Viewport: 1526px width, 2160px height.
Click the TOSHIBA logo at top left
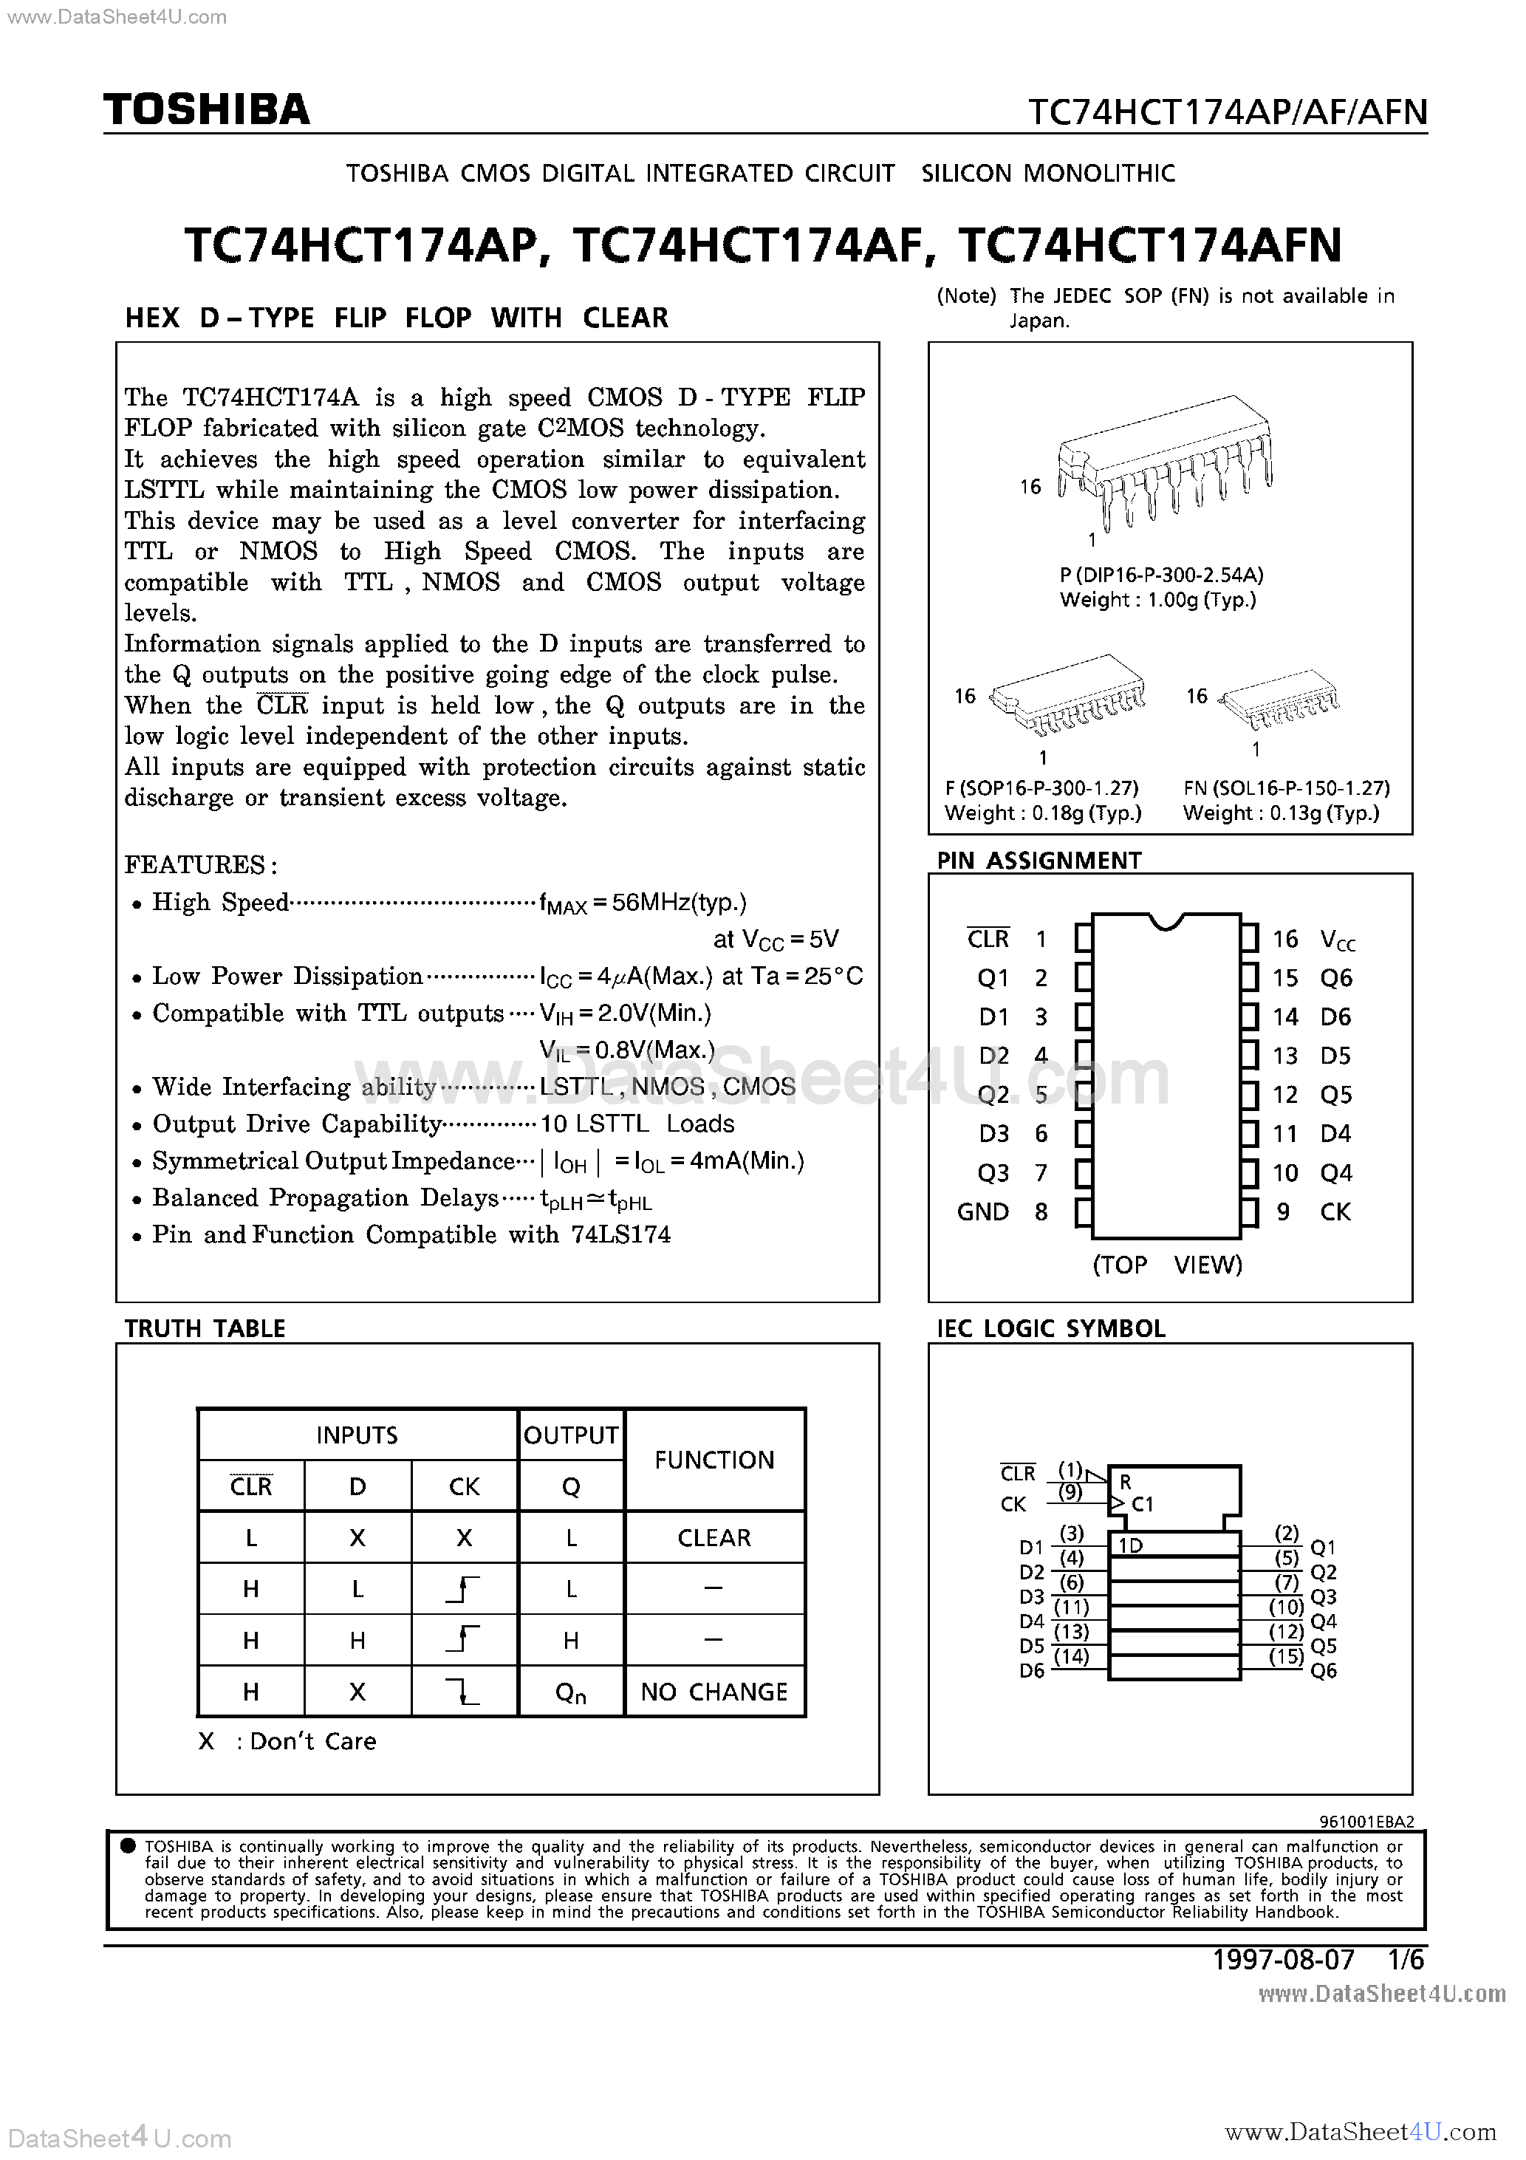click(x=207, y=110)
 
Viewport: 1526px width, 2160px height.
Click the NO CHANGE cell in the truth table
click(x=714, y=1692)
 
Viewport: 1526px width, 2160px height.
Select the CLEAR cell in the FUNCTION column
click(x=714, y=1537)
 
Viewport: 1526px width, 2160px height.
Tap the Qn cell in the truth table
click(x=570, y=1692)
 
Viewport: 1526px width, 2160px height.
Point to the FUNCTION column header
click(x=714, y=1460)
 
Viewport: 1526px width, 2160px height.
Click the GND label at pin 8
click(x=982, y=1211)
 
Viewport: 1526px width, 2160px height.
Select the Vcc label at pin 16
click(x=1338, y=939)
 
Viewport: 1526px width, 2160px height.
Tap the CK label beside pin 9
click(x=1335, y=1211)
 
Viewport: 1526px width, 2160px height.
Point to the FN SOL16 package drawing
click(x=1279, y=702)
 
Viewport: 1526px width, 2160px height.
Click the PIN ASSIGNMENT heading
click(x=1039, y=861)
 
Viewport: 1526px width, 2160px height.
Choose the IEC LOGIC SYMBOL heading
click(x=1051, y=1328)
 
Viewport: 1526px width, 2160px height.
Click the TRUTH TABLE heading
click(x=205, y=1328)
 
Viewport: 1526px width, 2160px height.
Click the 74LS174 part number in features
click(x=621, y=1234)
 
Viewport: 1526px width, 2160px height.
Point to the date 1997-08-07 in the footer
click(x=1283, y=1960)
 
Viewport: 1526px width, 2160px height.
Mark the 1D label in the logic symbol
click(x=1130, y=1545)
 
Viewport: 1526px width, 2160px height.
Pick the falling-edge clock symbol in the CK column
click(x=465, y=1692)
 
